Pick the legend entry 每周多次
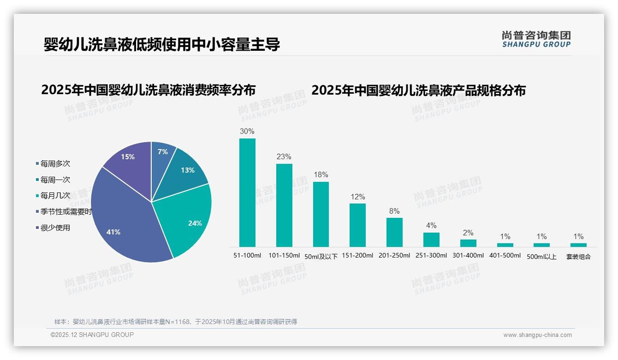(x=55, y=164)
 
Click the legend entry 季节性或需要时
(x=66, y=212)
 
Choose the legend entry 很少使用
(x=55, y=228)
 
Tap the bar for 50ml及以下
(x=321, y=214)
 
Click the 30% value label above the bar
(x=247, y=132)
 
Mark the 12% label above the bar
(x=357, y=197)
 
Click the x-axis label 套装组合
(x=578, y=257)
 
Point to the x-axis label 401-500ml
(x=505, y=256)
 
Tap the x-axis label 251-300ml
(x=431, y=256)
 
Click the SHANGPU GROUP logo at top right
(x=536, y=39)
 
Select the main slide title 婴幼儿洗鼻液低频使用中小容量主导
(x=161, y=45)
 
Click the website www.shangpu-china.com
(x=537, y=335)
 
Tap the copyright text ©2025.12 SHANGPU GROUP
(x=92, y=335)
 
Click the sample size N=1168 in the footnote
(x=178, y=322)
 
